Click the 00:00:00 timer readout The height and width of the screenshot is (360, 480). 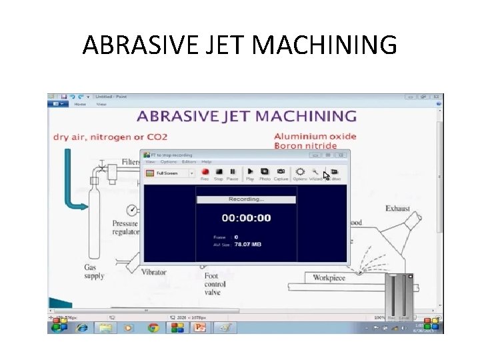tap(246, 218)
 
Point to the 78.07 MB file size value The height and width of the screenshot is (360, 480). tap(247, 244)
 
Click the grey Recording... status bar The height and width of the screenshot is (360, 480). tap(246, 199)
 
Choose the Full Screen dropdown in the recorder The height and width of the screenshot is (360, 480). tap(169, 173)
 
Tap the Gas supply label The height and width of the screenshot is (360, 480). tap(94, 271)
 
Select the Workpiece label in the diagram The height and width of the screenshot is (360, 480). tap(329, 277)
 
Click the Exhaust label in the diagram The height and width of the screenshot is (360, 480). tap(397, 209)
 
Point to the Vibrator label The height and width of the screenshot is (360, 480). tap(154, 271)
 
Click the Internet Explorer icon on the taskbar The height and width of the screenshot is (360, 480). tap(82, 327)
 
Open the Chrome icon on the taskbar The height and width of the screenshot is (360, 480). tap(153, 327)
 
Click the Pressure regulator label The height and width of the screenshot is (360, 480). tap(125, 228)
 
